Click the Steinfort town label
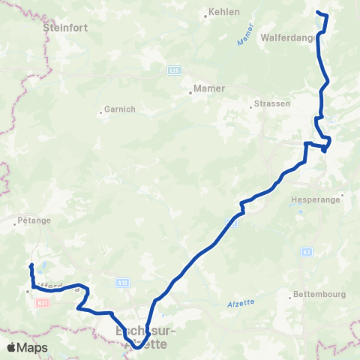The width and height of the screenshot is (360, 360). [x=67, y=26]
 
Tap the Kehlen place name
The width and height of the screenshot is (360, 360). [x=225, y=13]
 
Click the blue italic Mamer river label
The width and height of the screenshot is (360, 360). [x=245, y=40]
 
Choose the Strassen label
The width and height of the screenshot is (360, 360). [x=271, y=103]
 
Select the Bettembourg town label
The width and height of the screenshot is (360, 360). [x=320, y=295]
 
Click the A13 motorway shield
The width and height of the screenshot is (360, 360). [x=123, y=282]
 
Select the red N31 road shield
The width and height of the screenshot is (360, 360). [x=43, y=303]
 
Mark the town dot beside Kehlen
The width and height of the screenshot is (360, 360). [x=205, y=13]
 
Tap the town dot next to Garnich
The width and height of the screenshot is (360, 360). [x=100, y=113]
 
